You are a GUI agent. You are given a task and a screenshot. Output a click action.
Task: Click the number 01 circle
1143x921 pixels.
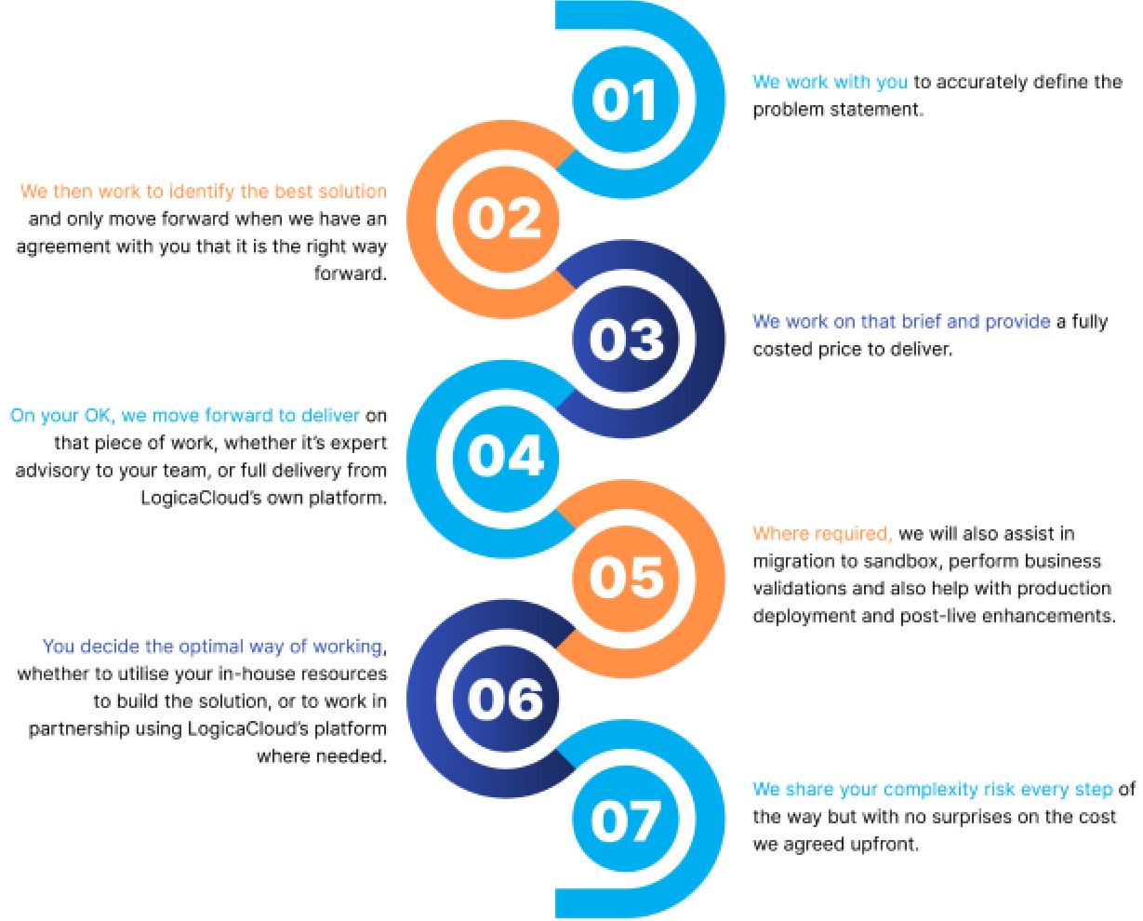coord(625,100)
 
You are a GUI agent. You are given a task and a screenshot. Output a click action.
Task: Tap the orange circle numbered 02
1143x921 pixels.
coord(505,220)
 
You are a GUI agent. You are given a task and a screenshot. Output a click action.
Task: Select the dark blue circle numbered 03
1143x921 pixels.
coord(626,340)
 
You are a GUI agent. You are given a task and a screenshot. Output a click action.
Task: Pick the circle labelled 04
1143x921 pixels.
coord(505,459)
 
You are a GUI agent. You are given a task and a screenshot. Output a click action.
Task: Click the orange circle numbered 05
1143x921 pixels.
coord(626,578)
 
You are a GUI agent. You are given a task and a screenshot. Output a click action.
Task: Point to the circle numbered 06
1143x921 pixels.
coord(505,699)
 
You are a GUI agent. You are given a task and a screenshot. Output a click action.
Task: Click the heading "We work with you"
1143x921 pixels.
coord(830,82)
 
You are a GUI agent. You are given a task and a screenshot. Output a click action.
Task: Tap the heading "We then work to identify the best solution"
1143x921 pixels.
coord(203,192)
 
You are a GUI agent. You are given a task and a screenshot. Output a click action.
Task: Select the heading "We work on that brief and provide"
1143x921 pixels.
coord(901,322)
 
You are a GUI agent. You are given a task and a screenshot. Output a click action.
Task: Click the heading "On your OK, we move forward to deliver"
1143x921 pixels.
coord(185,416)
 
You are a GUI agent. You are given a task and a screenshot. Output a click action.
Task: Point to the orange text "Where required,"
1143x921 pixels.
coord(821,534)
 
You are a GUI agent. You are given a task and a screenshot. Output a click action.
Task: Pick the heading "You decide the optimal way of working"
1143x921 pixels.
coord(212,646)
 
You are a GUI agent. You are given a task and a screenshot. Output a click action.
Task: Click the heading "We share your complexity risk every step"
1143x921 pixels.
coord(932,790)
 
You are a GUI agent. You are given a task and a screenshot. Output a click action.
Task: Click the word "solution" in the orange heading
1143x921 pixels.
coord(351,192)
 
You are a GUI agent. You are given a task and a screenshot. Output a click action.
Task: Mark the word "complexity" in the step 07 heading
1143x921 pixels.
coord(930,790)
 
